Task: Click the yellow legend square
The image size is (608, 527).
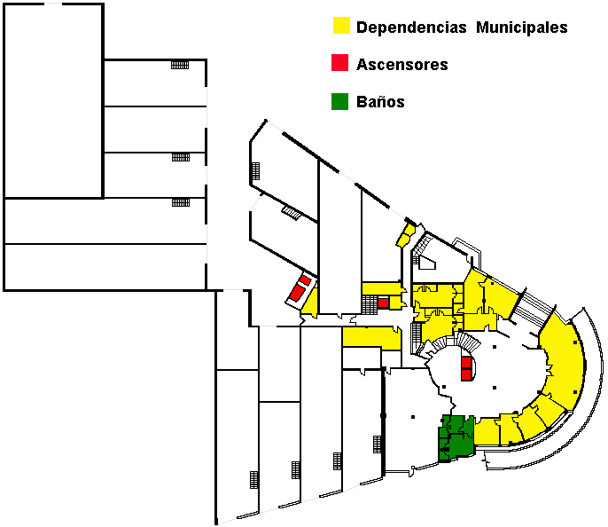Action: tap(341, 25)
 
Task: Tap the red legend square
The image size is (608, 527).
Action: tap(339, 62)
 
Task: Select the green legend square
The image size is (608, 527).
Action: tap(339, 102)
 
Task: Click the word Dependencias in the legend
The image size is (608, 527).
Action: tap(411, 28)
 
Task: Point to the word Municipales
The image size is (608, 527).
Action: tap(521, 28)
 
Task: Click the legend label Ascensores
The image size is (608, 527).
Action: tap(402, 65)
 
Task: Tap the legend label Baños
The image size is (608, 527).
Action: tap(380, 102)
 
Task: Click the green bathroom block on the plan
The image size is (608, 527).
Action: tap(456, 438)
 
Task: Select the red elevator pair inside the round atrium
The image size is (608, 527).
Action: tap(466, 369)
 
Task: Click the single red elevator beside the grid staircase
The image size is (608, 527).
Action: tap(383, 303)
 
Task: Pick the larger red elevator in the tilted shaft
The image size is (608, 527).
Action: tap(297, 293)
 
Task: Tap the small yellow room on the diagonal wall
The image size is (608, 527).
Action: tap(406, 235)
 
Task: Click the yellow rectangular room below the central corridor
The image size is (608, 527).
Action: tap(371, 338)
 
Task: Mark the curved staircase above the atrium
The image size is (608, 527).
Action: tap(456, 342)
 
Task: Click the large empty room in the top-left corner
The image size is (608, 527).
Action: tap(53, 101)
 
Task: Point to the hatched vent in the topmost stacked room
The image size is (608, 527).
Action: tap(180, 65)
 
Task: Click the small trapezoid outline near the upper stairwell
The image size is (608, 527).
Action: tap(428, 263)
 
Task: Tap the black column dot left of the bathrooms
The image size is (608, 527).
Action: tap(413, 417)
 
